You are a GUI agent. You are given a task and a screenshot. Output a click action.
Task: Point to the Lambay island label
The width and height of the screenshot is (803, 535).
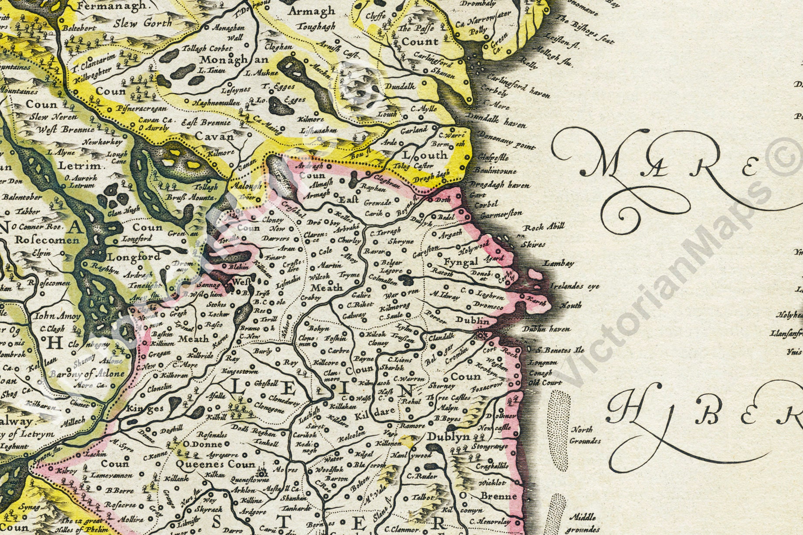pyautogui.click(x=559, y=263)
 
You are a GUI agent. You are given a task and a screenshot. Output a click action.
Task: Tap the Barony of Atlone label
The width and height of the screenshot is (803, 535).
pyautogui.click(x=87, y=374)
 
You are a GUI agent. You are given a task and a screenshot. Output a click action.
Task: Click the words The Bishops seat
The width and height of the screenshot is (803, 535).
pyautogui.click(x=585, y=30)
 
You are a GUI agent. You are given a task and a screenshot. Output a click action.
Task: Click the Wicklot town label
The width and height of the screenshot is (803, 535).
pyautogui.click(x=492, y=483)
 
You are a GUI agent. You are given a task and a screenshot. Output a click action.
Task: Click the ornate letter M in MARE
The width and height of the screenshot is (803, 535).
pyautogui.click(x=601, y=163)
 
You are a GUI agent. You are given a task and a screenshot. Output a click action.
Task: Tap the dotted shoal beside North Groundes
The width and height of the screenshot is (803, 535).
pyautogui.click(x=557, y=429)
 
